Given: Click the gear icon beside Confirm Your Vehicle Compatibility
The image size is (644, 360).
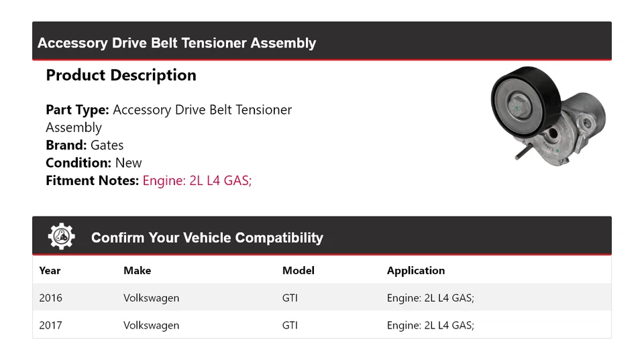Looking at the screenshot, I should [61, 237].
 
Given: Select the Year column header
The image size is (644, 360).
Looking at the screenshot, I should [50, 270].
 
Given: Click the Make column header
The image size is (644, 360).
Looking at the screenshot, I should [137, 270].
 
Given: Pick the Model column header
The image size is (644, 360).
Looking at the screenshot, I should [298, 270].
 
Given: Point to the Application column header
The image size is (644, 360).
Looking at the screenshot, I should [415, 270].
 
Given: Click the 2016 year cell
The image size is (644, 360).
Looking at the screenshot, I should [50, 298].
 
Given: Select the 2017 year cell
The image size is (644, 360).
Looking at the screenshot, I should [50, 325].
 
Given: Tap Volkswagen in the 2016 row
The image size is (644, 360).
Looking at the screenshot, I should [151, 298].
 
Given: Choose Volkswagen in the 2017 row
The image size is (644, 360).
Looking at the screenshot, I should [151, 325].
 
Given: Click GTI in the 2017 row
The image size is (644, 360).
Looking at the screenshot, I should [290, 325].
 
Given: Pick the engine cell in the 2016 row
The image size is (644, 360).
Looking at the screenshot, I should [430, 298].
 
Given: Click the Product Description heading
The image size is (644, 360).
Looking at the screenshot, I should [121, 75].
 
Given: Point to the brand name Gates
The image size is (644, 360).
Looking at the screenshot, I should [107, 145].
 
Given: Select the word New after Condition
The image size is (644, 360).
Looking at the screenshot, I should [128, 162].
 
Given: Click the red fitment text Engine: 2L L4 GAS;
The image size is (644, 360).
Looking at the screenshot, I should [197, 180].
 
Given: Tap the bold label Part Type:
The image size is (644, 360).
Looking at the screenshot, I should [77, 109].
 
